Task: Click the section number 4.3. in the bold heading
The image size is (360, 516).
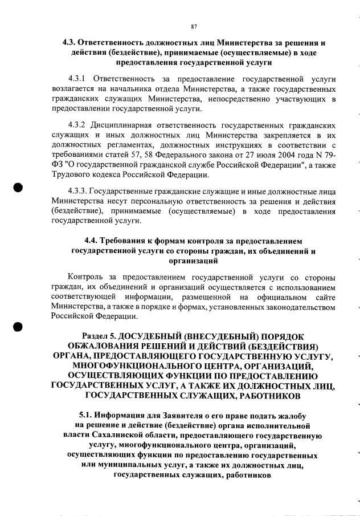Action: click(70, 43)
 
